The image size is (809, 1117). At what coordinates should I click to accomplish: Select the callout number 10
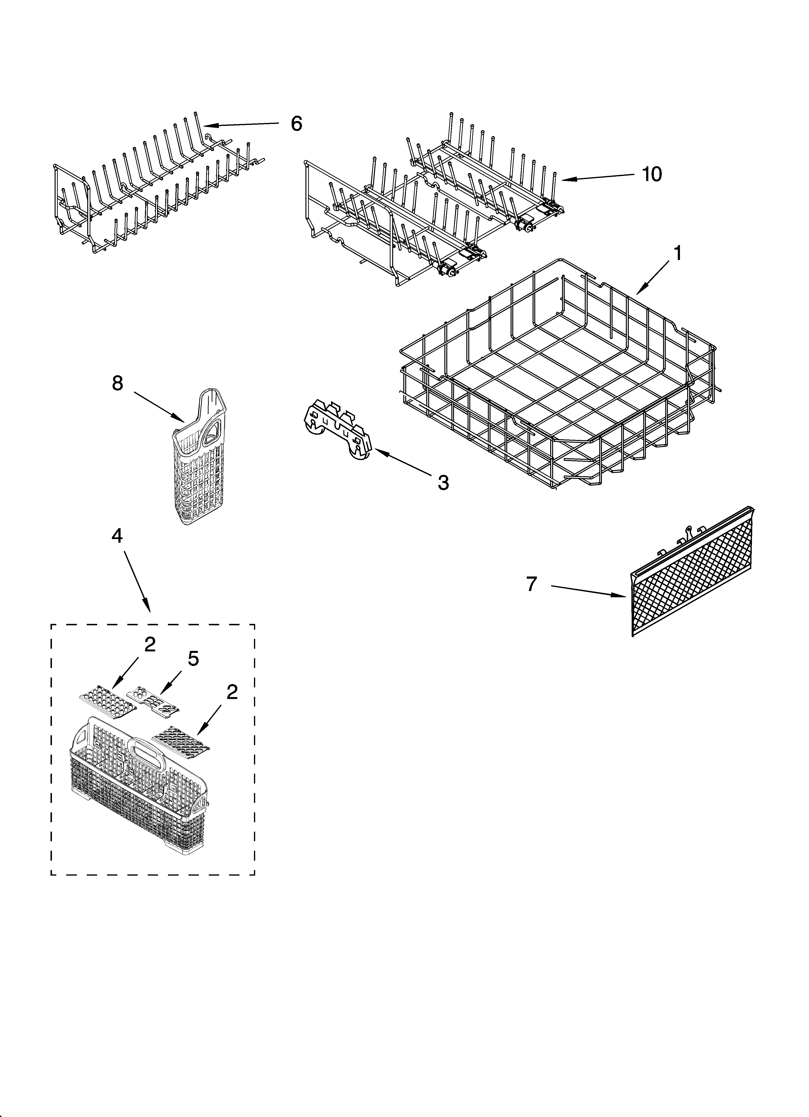(652, 174)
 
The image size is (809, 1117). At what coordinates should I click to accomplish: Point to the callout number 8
(117, 383)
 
